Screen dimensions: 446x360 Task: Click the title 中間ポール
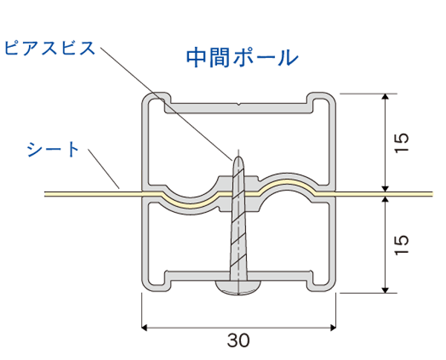tap(242, 58)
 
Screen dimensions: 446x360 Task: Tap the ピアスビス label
tap(50, 48)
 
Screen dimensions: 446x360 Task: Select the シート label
tap(53, 149)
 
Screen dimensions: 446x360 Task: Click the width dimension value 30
tap(239, 340)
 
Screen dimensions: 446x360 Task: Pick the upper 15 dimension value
tap(401, 143)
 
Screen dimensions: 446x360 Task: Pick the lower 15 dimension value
tap(401, 245)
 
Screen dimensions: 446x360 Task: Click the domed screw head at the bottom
tap(239, 287)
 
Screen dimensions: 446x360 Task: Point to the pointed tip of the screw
tap(239, 157)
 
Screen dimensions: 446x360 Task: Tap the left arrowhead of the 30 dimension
tap(144, 328)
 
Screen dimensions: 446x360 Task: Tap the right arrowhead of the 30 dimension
tap(333, 328)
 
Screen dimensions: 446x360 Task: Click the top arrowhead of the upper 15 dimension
tap(385, 96)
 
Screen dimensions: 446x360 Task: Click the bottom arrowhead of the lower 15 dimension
tap(385, 290)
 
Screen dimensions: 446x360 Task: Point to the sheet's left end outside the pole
tap(45, 194)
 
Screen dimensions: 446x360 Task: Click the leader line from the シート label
tap(103, 169)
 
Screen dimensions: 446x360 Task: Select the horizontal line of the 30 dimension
tap(239, 328)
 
